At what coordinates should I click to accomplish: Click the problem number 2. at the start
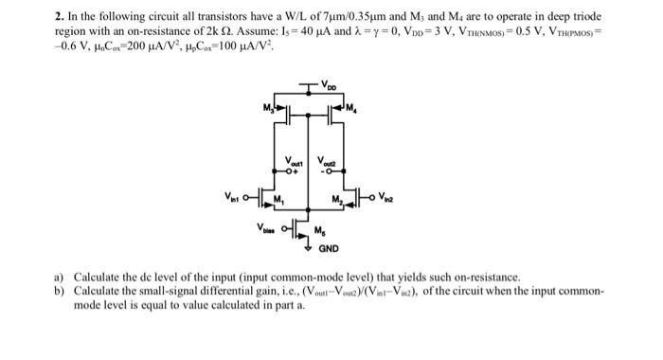pyautogui.click(x=57, y=17)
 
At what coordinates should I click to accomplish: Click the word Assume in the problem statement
pyautogui.click(x=205, y=31)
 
